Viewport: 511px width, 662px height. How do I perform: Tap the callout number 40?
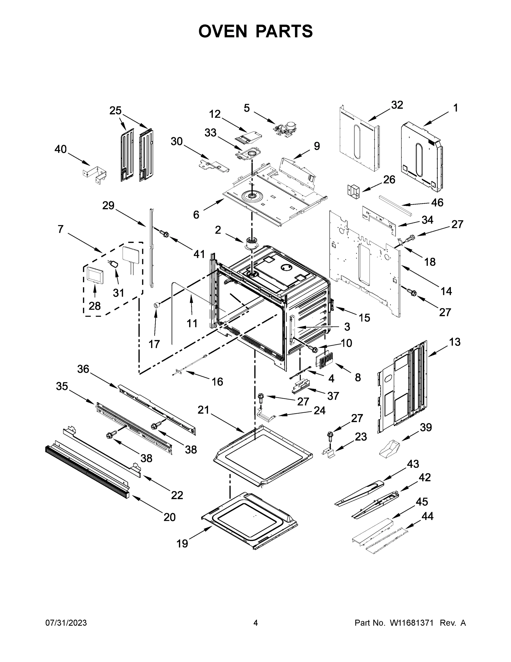[x=61, y=149]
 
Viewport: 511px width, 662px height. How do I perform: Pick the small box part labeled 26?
[x=353, y=191]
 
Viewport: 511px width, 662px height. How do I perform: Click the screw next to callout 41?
[x=165, y=233]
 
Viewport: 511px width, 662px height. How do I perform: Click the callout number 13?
[x=455, y=342]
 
